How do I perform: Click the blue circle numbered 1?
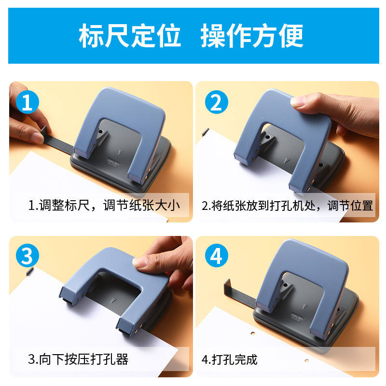(28, 102)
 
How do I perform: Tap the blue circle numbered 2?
(216, 102)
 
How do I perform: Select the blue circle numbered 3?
(28, 256)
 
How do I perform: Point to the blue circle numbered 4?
(216, 256)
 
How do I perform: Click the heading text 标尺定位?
(130, 36)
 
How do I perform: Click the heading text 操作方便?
(251, 36)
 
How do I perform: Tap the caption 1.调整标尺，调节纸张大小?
(104, 206)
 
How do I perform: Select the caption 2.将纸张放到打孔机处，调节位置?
(287, 206)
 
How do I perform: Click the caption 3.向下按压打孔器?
(78, 359)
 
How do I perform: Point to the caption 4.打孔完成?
(230, 359)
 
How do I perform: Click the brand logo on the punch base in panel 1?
(113, 162)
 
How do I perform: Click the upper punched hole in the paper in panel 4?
(253, 333)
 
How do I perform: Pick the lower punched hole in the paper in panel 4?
(307, 360)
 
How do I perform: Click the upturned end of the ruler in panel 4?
(227, 286)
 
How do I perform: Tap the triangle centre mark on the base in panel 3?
(113, 300)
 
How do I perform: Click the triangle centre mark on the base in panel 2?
(286, 161)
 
